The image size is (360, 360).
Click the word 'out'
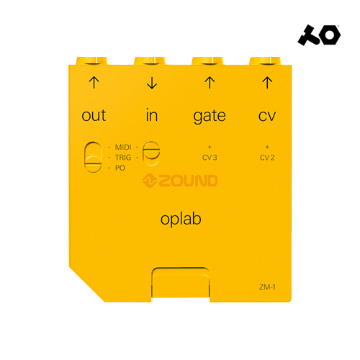click(94, 115)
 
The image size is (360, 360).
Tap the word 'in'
click(152, 114)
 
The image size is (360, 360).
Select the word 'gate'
click(210, 117)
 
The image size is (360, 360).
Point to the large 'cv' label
click(267, 116)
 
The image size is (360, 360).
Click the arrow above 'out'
click(94, 82)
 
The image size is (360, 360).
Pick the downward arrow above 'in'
click(152, 83)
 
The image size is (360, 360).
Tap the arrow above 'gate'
click(210, 82)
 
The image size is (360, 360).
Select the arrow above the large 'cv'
click(267, 82)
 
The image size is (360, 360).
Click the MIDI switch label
click(123, 147)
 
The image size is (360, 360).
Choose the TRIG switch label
click(123, 158)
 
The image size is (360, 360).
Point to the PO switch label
click(120, 168)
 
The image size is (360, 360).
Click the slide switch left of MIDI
click(93, 157)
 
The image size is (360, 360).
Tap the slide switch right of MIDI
click(151, 153)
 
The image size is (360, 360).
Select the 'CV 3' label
click(210, 158)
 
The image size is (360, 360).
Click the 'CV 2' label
click(267, 158)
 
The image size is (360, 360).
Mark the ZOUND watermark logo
click(180, 181)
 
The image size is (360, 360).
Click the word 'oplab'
click(181, 220)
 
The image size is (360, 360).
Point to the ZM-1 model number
click(267, 287)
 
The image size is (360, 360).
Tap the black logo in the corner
click(319, 35)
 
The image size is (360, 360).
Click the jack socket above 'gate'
click(207, 61)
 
